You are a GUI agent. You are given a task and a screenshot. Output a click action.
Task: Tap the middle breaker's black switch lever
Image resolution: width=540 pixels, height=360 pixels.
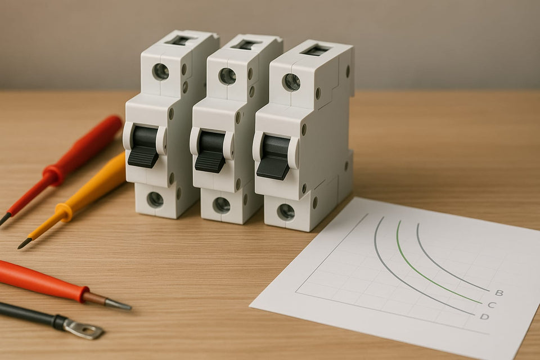point(211,151)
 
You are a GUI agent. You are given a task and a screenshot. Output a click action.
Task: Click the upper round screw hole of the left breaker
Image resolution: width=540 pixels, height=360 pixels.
point(160,71)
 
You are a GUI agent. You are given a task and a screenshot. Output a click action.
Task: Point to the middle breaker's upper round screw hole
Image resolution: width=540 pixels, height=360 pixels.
point(227,76)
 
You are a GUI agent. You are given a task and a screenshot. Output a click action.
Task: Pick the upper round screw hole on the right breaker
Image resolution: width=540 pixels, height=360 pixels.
point(291,82)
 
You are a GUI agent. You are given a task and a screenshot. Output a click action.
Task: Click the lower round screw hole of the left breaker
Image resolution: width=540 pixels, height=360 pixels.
point(155,199)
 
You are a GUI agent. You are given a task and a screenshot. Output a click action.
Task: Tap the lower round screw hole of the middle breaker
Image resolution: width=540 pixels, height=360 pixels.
point(221,205)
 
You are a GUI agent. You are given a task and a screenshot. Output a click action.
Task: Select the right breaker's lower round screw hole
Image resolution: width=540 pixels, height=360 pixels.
point(286,212)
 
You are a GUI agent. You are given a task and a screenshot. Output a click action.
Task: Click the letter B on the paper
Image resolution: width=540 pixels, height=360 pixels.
point(498,292)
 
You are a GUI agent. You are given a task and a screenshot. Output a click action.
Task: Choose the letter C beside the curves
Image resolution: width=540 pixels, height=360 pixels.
point(491,305)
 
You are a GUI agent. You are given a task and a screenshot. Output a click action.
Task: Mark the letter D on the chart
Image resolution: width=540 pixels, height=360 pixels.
point(484,317)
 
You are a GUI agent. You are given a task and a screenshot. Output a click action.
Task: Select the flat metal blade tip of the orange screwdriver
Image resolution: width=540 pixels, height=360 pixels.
point(118,304)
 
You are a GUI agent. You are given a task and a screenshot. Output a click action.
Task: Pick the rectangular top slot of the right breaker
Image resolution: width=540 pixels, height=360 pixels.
point(316,50)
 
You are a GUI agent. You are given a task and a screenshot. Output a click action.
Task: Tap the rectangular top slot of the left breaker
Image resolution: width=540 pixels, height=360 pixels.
point(180,40)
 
